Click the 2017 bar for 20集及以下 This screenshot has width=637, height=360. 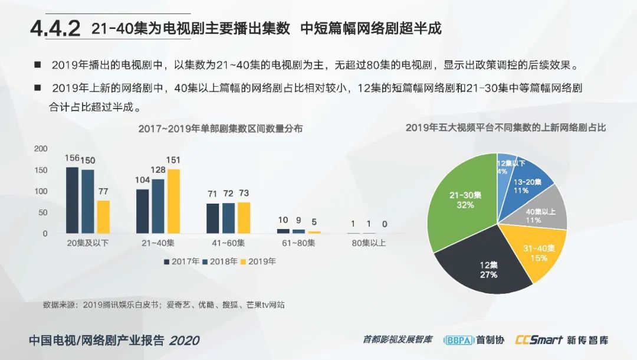(72, 200)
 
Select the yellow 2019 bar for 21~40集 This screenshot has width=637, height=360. (173, 201)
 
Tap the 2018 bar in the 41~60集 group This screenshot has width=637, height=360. (228, 218)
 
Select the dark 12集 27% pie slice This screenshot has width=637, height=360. (481, 266)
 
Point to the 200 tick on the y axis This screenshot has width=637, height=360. (40, 149)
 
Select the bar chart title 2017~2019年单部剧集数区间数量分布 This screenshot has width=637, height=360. (220, 129)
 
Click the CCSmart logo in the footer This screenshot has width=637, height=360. (537, 340)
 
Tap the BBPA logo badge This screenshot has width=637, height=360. (458, 340)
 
